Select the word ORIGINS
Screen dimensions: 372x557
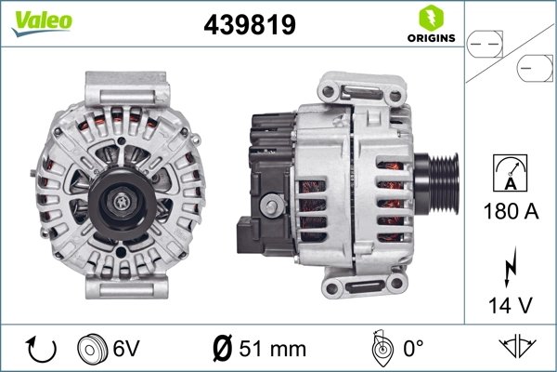pos(429,39)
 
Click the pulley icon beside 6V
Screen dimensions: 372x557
pos(90,350)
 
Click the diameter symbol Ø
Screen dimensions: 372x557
pos(220,350)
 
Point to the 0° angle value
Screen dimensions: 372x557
pos(411,350)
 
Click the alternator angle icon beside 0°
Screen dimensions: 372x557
pos(379,349)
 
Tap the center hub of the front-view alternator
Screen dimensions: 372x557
pos(123,198)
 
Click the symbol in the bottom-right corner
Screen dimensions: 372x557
pos(521,349)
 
